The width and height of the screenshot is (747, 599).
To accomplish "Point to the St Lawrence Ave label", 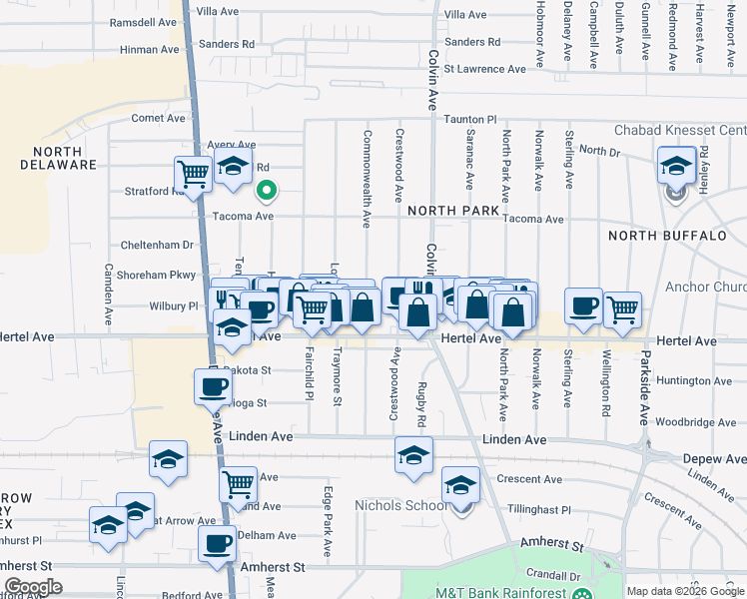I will [x=484, y=69].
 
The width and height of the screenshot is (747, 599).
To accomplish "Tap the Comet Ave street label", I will [x=159, y=118].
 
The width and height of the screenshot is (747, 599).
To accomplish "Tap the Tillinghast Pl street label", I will [x=537, y=509].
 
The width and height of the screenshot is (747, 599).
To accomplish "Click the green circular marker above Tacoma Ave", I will [x=267, y=189].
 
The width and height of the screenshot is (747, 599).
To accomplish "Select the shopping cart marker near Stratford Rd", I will [x=193, y=174].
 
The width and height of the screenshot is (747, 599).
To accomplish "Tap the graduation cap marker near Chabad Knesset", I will [x=676, y=165].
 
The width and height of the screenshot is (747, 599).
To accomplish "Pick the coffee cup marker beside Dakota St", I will [x=212, y=385].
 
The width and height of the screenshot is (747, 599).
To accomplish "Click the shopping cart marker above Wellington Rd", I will [x=622, y=308].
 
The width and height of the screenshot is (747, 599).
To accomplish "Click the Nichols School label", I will [x=401, y=505].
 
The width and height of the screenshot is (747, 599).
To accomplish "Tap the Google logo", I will [x=33, y=587].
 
